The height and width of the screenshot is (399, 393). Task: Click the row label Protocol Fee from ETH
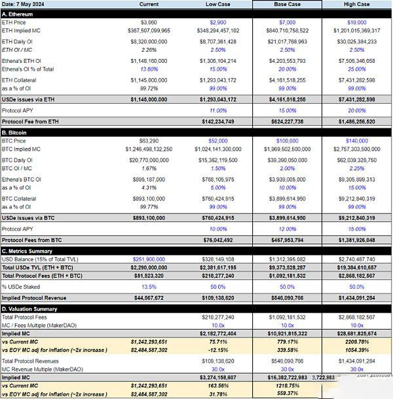click(x=32, y=121)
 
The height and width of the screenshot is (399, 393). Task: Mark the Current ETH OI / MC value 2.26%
click(x=150, y=49)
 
